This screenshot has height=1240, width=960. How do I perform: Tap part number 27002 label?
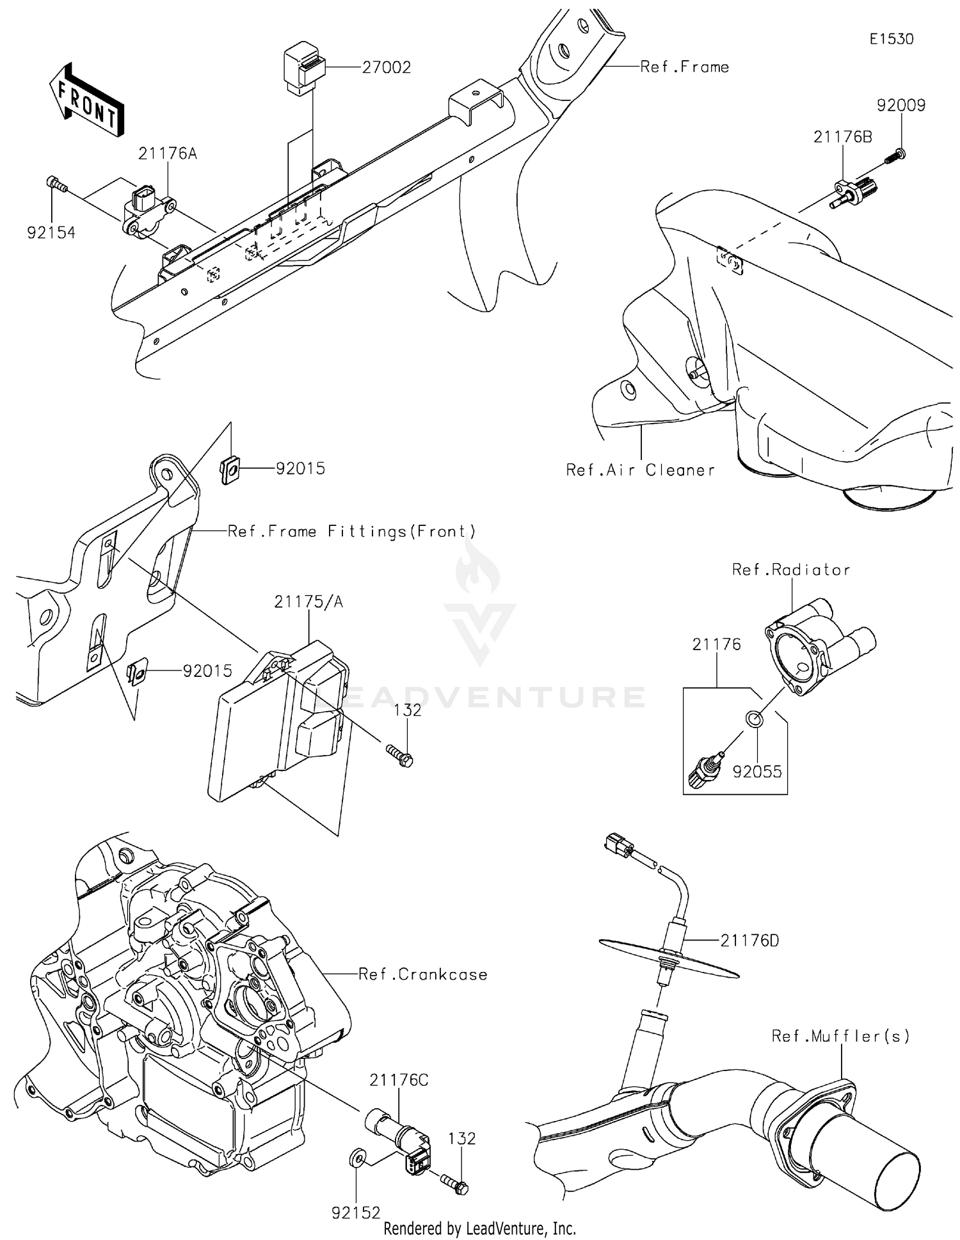386,67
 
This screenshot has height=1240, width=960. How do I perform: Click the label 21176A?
168,154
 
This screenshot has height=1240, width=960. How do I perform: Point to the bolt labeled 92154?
56,184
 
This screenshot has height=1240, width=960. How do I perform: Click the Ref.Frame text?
684,67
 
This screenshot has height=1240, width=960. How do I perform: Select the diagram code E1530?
891,39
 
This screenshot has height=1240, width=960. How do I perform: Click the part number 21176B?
842,137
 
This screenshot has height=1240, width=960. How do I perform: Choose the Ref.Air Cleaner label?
640,470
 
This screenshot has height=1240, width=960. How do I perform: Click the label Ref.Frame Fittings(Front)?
352,531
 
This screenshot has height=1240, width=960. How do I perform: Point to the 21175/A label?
308,602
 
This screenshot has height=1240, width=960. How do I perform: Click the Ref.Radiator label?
791,570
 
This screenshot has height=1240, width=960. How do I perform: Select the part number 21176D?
749,941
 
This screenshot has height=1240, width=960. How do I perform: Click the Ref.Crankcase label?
422,974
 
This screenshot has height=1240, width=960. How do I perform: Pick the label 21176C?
399,1080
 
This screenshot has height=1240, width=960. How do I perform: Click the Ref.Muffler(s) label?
840,1036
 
